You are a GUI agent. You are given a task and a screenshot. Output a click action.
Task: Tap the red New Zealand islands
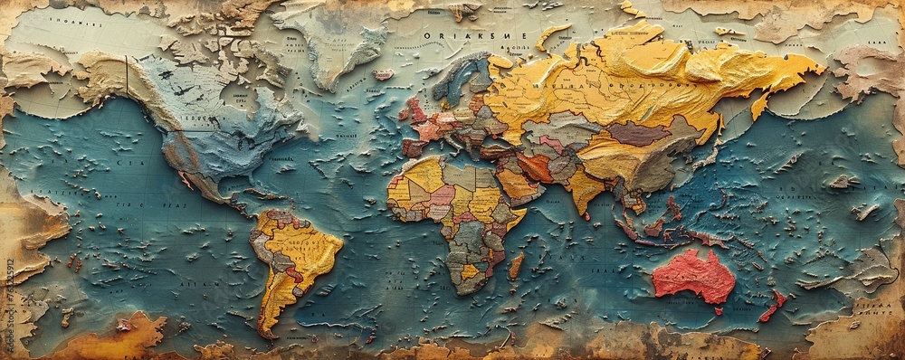(772, 305)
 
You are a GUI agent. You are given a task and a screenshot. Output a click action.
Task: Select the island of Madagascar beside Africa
(516, 264)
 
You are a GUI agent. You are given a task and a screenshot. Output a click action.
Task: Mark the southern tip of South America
(265, 331)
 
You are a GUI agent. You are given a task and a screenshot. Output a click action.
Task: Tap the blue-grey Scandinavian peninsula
(457, 77)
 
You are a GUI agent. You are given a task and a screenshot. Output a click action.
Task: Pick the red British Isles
(416, 110)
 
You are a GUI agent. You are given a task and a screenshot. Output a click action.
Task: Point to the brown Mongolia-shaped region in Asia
(639, 134)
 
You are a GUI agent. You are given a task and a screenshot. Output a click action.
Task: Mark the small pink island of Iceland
(385, 74)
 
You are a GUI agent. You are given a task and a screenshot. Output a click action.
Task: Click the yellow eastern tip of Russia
(805, 68)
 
